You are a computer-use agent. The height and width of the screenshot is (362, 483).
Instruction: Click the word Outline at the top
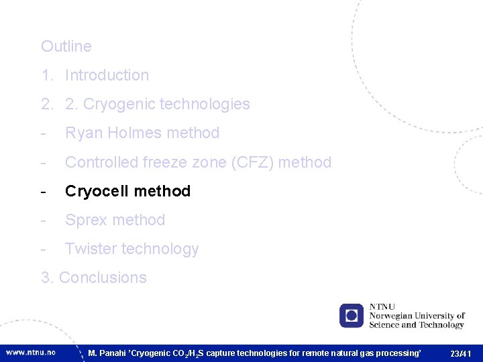coord(66,46)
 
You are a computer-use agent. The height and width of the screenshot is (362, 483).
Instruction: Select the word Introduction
coord(107,75)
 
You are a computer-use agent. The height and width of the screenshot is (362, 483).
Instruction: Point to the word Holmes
coord(131,133)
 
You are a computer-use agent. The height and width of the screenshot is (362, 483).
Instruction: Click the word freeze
coord(164,162)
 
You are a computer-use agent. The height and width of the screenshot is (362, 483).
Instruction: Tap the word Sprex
coord(85,220)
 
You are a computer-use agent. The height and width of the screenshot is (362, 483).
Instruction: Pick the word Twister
coord(89,249)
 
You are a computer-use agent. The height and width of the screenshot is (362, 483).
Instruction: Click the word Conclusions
coord(103,278)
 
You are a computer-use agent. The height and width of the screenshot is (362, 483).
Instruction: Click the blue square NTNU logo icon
coord(351,315)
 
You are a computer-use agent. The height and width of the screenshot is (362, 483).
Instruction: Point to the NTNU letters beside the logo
coord(382,307)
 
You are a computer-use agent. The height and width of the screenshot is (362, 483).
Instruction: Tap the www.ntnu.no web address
coord(31,352)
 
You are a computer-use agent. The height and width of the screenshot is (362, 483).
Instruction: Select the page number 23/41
coord(461,353)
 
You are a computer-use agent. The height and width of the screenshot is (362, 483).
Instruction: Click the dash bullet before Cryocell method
coord(44,191)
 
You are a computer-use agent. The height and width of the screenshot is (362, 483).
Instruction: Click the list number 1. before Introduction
coord(46,75)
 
